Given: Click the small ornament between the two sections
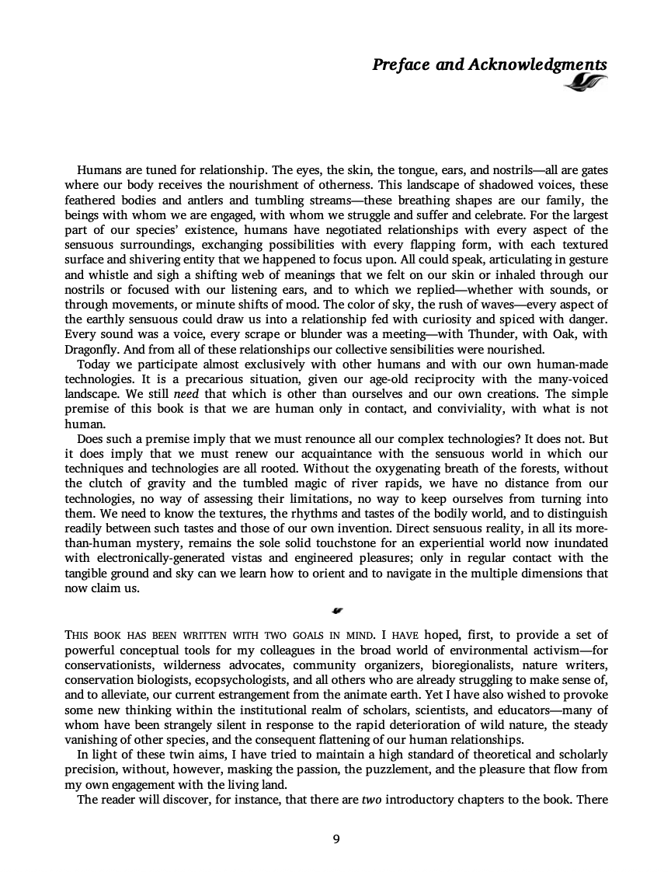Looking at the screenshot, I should coord(335,610).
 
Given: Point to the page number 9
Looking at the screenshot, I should coord(335,838).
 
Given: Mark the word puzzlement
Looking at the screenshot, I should coord(394,769).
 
